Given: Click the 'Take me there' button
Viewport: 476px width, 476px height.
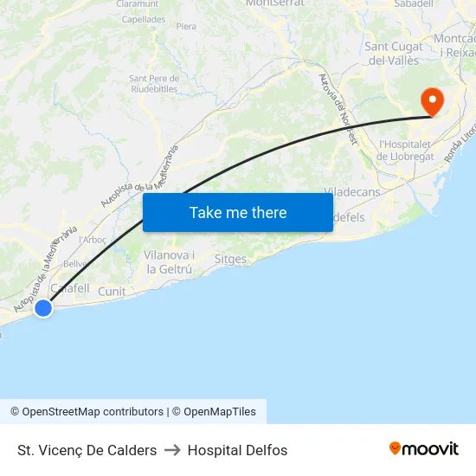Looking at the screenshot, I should tap(237, 212).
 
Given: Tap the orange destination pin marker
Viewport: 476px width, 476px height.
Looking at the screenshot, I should tap(431, 101).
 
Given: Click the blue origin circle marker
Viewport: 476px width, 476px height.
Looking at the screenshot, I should tap(42, 307).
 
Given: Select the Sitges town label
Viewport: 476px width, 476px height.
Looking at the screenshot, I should tap(230, 259).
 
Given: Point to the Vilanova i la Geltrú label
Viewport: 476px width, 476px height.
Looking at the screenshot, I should tap(169, 262).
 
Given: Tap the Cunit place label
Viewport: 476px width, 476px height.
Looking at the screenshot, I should tap(112, 292).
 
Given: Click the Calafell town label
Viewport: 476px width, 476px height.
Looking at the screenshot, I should tap(69, 288).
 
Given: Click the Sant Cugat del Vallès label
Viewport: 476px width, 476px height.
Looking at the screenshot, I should tap(394, 54).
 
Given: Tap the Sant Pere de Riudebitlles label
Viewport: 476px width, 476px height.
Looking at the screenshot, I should tap(153, 84).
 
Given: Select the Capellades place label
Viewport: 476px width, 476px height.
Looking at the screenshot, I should tap(143, 19).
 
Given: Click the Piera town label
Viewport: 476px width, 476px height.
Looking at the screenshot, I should tap(186, 27).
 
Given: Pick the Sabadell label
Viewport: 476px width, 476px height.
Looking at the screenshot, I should tap(413, 4).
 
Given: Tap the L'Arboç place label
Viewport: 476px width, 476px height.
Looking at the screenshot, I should tap(93, 240).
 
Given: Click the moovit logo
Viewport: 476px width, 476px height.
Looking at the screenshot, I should tap(424, 449).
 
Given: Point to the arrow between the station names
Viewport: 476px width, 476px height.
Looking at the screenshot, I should tap(172, 450).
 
